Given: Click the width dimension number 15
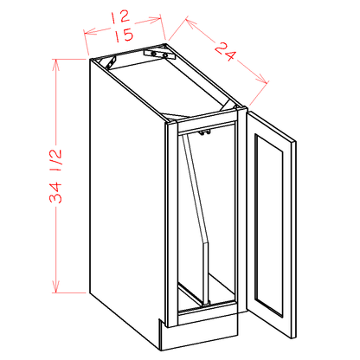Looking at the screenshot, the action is [x=125, y=35].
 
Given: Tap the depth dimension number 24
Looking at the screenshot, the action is [x=226, y=51].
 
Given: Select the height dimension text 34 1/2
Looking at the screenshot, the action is [x=55, y=176].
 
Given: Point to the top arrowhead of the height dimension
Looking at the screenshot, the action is [x=56, y=65].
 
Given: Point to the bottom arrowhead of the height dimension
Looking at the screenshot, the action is [x=56, y=286].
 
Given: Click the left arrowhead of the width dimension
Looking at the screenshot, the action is [x=89, y=31].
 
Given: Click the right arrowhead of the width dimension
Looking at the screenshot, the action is [x=155, y=19].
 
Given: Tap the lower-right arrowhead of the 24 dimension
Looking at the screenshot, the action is [x=262, y=79].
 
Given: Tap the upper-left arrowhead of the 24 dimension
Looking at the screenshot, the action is [x=190, y=23].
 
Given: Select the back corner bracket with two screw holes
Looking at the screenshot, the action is [x=159, y=54].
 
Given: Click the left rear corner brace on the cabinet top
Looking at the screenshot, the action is [x=112, y=62].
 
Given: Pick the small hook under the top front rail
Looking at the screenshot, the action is [x=204, y=132].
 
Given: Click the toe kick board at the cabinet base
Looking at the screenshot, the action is [x=200, y=335].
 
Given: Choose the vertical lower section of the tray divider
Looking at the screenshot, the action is [x=206, y=273].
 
